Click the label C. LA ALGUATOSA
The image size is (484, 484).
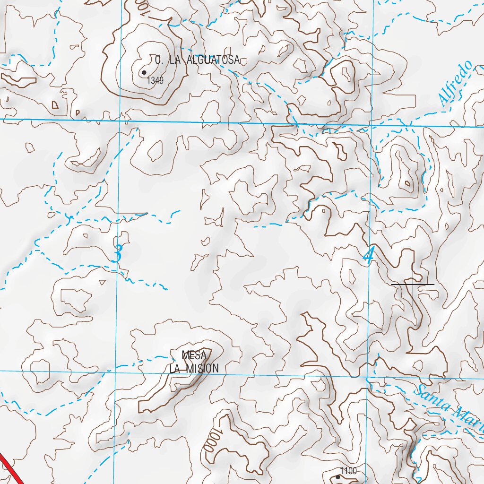[198, 60]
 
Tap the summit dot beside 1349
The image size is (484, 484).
[144, 72]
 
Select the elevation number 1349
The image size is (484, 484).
[155, 81]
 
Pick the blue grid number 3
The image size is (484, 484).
[118, 254]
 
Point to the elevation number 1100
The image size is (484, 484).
[348, 471]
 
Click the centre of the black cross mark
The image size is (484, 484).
[413, 284]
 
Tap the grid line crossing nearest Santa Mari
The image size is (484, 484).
[368, 377]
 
